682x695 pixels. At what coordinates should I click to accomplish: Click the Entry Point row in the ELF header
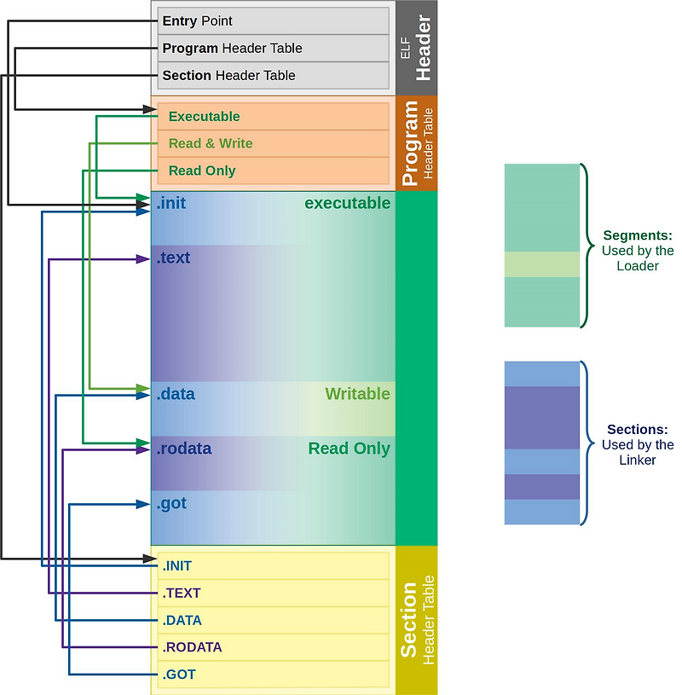[x=274, y=20]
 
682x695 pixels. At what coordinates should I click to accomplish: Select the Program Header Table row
[x=274, y=48]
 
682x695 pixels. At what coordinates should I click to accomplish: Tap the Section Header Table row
[x=274, y=75]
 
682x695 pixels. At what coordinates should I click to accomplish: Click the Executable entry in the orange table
[x=274, y=117]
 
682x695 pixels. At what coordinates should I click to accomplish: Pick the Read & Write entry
[x=274, y=143]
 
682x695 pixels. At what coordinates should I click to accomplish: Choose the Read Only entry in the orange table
[x=274, y=171]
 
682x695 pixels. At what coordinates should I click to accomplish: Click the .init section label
[x=171, y=204]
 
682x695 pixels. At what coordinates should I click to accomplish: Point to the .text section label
[x=173, y=258]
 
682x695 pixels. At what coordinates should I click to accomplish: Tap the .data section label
[x=176, y=394]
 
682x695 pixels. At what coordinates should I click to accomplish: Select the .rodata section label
[x=184, y=449]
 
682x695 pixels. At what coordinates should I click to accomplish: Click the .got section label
[x=171, y=504]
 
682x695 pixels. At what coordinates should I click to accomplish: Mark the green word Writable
[x=357, y=394]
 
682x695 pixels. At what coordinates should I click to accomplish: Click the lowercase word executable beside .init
[x=348, y=204]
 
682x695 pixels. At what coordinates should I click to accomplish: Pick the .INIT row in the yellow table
[x=274, y=566]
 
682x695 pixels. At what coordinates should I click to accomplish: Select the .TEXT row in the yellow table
[x=274, y=593]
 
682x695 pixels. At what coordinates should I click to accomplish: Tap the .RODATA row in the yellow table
[x=274, y=647]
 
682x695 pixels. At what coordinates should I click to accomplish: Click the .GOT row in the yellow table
[x=274, y=675]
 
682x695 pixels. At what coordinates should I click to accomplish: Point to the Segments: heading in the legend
[x=638, y=235]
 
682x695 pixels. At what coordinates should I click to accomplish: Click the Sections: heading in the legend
[x=637, y=430]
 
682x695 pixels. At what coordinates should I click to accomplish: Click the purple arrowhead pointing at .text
[x=143, y=259]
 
